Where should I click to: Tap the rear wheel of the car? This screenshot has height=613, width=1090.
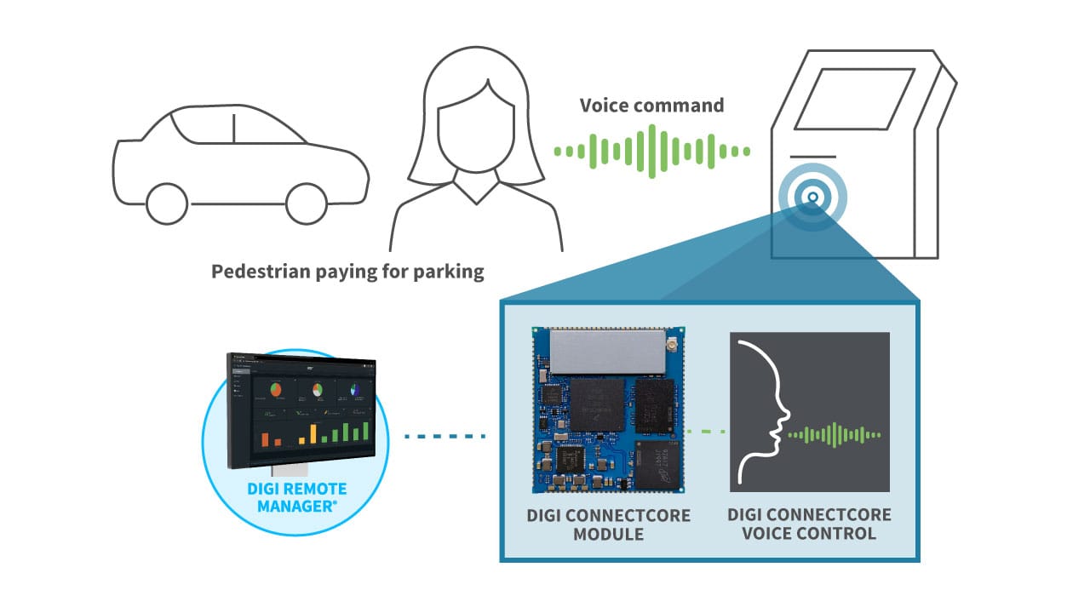coord(167,203)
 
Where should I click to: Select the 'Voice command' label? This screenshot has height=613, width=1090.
coord(651,106)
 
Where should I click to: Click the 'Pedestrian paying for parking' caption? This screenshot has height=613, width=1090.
coord(347,272)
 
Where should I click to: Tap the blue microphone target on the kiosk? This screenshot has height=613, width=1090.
coord(812,198)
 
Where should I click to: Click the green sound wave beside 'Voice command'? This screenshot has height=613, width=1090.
coord(651,152)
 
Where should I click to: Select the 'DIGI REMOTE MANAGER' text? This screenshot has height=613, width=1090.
coord(296,497)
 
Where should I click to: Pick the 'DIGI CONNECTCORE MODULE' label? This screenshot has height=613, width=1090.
coord(608,524)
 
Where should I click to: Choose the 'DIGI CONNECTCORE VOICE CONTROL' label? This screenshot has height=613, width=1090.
coord(810,524)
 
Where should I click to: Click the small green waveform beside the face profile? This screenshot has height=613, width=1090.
coord(835,434)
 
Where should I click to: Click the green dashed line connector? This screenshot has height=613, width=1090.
coord(706,432)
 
